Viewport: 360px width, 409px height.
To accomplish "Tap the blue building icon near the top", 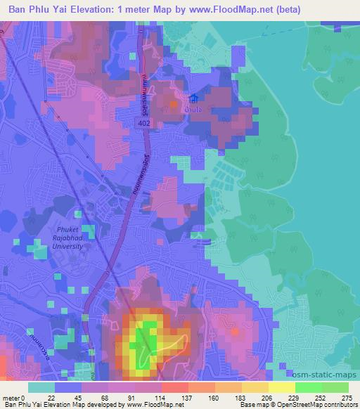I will point(193,100).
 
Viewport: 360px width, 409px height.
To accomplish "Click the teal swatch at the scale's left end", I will point(41,387).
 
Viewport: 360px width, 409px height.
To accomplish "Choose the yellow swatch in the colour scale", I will point(282,387).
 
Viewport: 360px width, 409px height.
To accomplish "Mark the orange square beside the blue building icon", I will point(174,105).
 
